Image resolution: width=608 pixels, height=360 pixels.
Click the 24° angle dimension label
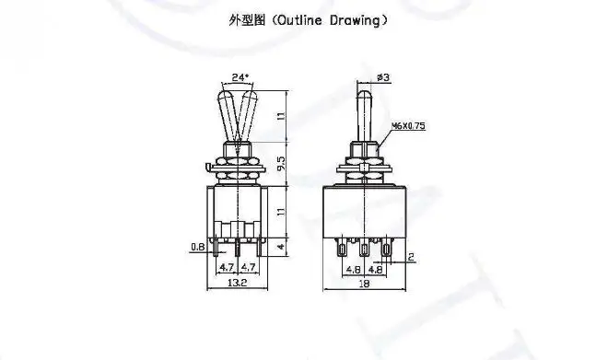(240, 77)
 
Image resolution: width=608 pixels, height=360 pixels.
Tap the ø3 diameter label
(383, 77)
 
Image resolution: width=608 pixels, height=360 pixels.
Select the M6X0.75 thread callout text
(408, 126)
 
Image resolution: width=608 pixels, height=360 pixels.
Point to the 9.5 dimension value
(282, 163)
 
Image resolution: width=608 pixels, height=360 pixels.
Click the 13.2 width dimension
(238, 283)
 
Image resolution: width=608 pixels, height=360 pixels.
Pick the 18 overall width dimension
(364, 284)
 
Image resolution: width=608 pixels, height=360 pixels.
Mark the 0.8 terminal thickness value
(198, 247)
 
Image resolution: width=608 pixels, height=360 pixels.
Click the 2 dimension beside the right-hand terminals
(411, 257)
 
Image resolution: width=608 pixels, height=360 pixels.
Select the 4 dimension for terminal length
(282, 247)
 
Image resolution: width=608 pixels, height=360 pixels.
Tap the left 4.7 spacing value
(227, 267)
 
